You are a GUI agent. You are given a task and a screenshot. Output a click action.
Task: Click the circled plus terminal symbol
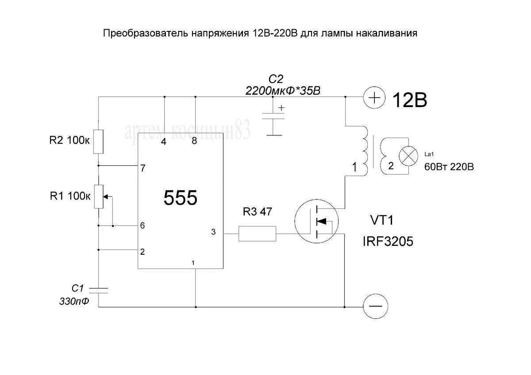click(374, 97)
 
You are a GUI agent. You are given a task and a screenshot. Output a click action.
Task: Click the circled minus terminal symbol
click(375, 306)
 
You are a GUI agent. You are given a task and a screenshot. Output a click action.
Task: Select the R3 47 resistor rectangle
click(258, 233)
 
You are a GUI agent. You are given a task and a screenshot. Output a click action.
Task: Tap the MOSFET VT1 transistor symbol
click(317, 221)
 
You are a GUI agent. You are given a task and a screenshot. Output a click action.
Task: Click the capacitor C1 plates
click(98, 290)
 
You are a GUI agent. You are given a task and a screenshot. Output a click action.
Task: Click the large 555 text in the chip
click(180, 199)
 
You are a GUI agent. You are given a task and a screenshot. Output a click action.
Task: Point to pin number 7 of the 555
click(142, 168)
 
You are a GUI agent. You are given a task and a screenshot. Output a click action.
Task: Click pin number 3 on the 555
click(213, 232)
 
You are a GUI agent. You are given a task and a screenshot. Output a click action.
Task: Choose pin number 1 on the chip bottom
click(193, 263)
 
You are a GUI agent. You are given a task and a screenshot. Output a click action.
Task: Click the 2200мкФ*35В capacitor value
click(283, 91)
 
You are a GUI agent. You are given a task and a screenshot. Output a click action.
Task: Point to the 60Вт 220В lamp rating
click(449, 167)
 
